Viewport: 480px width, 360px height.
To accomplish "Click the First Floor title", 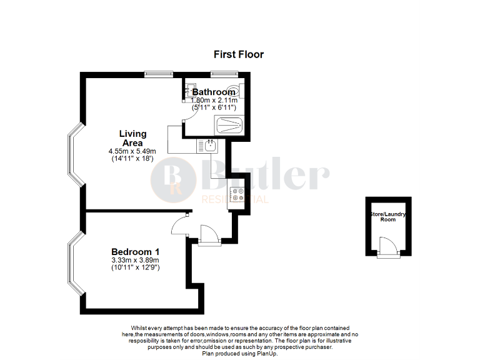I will (x=239, y=54).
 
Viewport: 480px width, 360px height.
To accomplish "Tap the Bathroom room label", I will (x=214, y=92).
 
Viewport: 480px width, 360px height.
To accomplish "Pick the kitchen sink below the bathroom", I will (x=209, y=146).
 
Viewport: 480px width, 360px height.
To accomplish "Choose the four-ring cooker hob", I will (x=237, y=194).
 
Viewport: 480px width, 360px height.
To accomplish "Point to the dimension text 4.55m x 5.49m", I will (x=132, y=151).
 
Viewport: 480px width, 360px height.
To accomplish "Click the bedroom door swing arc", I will (x=181, y=222).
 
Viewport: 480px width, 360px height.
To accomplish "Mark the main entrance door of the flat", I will (x=208, y=234).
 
